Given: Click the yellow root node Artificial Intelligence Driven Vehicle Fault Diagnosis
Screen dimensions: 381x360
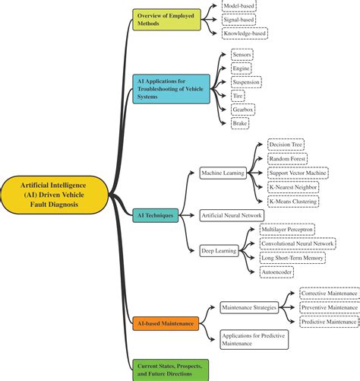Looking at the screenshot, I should (x=54, y=196).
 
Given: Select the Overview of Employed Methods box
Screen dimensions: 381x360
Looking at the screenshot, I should (x=166, y=20).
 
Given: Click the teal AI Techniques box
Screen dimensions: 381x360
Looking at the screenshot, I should (x=155, y=215).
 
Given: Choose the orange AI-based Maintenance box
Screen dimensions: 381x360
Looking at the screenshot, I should (x=165, y=323).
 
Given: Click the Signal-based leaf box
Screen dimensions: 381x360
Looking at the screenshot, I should (x=238, y=20).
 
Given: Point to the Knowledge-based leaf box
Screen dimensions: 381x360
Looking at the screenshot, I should (x=245, y=34).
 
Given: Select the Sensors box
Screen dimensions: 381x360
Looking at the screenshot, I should (x=242, y=56).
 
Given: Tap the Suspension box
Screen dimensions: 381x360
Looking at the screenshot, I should (x=246, y=82).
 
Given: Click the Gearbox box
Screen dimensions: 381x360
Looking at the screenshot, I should (x=243, y=109).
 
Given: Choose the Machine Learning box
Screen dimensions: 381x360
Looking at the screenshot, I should (x=222, y=173).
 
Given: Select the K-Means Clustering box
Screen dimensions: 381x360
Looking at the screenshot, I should (x=293, y=202).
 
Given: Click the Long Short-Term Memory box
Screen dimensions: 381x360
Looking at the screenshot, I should (x=292, y=258).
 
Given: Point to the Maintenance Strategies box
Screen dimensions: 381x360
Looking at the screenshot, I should (x=248, y=307).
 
